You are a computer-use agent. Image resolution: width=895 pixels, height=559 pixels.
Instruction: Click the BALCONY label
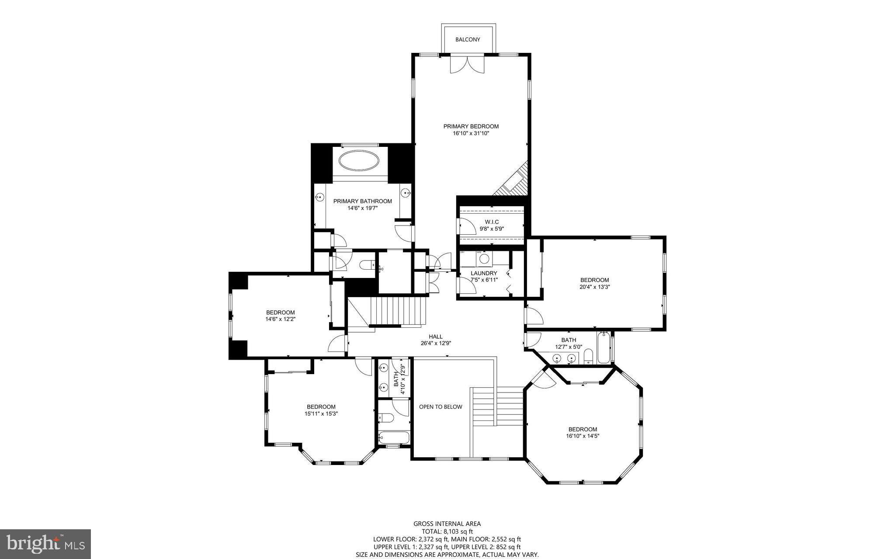point(468,39)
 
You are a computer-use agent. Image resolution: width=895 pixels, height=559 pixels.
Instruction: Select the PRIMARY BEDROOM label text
point(471,126)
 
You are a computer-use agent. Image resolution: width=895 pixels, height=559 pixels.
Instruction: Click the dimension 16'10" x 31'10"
point(471,134)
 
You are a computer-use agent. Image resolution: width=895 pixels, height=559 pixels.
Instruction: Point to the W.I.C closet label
point(492,222)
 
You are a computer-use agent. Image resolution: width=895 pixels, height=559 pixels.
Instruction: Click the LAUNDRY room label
point(484,273)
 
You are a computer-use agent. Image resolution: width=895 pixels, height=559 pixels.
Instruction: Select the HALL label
point(435,337)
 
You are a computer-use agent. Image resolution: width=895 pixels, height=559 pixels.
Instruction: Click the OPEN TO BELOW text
point(441,407)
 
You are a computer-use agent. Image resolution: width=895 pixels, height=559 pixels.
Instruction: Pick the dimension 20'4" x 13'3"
point(594,287)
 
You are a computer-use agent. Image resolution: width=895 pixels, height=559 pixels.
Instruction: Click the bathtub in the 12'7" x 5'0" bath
point(604,348)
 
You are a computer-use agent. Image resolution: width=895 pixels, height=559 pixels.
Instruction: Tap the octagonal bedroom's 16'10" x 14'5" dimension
point(583,436)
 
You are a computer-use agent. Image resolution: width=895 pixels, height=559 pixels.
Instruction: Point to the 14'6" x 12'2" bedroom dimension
point(280,319)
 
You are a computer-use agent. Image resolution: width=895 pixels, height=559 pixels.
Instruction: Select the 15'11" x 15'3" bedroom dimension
point(321,413)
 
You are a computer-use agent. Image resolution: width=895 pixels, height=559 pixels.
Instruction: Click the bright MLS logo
point(45,544)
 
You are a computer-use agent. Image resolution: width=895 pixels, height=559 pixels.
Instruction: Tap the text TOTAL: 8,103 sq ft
point(447,531)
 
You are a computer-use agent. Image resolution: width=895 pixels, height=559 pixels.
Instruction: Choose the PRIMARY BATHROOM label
point(362,201)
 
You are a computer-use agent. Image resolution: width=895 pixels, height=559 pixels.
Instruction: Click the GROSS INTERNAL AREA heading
point(447,524)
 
